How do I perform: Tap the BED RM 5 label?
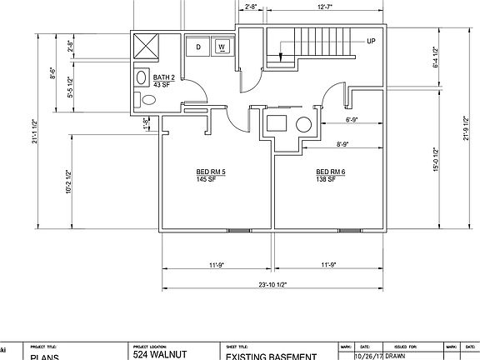[x=211, y=172]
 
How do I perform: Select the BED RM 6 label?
[x=330, y=172]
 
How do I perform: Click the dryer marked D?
[x=198, y=47]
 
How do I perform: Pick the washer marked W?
[x=222, y=47]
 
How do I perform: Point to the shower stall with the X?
[x=147, y=45]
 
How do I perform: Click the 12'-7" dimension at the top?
[x=326, y=7]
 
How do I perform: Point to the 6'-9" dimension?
[x=352, y=120]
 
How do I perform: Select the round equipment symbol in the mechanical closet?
[x=303, y=126]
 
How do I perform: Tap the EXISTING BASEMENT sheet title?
[x=271, y=356]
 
